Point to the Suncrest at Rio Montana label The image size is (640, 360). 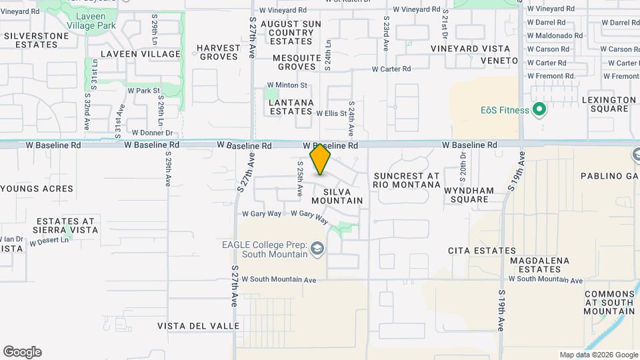(x=406, y=180)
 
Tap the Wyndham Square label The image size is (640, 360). (x=469, y=195)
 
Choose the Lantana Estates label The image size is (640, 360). (x=291, y=107)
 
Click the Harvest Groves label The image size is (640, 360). (x=218, y=52)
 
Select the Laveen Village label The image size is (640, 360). (x=141, y=54)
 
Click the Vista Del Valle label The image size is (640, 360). (x=199, y=326)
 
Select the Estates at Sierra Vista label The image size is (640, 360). (x=67, y=225)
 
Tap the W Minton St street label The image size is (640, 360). (x=287, y=85)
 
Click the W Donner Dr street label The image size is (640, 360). (x=152, y=133)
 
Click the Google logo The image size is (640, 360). (x=22, y=352)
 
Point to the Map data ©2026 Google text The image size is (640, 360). (x=598, y=355)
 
